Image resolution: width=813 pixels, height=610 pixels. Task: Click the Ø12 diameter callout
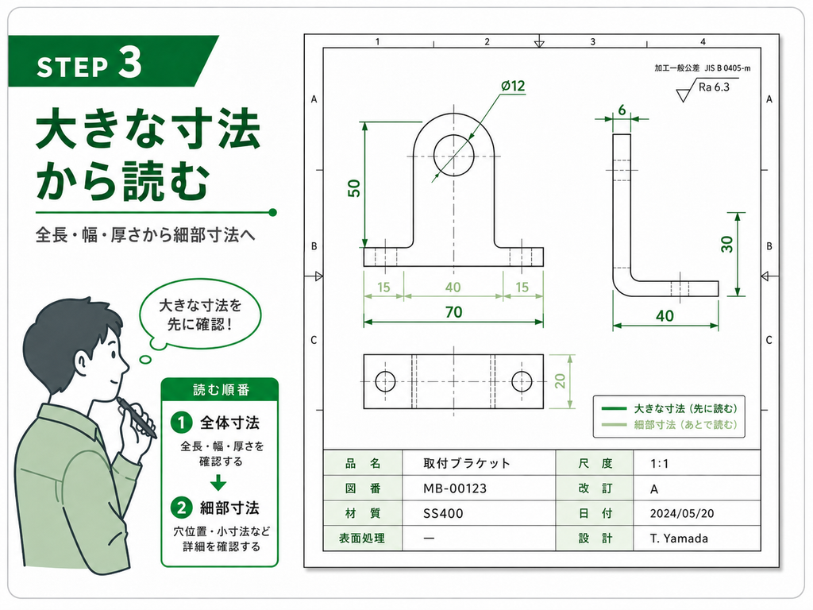click(x=513, y=86)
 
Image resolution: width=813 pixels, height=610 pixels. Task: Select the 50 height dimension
click(x=354, y=187)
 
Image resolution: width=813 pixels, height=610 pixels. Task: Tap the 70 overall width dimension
click(x=453, y=311)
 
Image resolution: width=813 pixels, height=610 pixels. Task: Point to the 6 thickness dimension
click(x=622, y=110)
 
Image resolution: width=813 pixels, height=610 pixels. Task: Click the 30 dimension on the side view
click(x=727, y=244)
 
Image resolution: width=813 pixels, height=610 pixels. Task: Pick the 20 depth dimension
click(x=560, y=381)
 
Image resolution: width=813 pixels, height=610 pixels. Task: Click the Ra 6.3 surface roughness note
click(x=714, y=87)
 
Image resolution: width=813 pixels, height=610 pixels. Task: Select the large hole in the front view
click(x=453, y=156)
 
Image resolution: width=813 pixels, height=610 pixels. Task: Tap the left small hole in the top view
click(x=385, y=381)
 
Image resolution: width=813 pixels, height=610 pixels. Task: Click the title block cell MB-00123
click(x=455, y=488)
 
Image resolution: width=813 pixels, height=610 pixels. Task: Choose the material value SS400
click(x=443, y=514)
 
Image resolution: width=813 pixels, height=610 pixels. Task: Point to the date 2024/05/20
click(x=682, y=514)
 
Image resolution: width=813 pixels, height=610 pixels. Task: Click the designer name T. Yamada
click(x=680, y=539)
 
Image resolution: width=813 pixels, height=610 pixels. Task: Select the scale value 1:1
click(x=659, y=464)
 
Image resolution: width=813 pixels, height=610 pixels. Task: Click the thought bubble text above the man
click(x=199, y=315)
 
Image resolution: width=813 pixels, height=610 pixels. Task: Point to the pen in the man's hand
click(x=137, y=418)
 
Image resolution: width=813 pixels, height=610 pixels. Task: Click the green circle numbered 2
click(x=181, y=508)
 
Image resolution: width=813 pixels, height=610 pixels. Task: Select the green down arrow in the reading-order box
click(x=218, y=483)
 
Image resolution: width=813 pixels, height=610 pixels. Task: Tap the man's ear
click(x=82, y=362)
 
